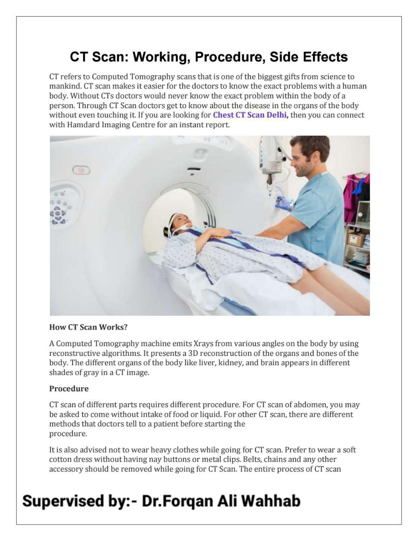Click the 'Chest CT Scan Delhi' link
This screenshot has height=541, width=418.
(x=250, y=115)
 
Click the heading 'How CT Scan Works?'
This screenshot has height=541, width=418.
(x=88, y=327)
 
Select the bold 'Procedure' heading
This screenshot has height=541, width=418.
(x=69, y=389)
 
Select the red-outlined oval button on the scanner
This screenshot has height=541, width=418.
(x=81, y=170)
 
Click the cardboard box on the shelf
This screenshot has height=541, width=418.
(x=355, y=239)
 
